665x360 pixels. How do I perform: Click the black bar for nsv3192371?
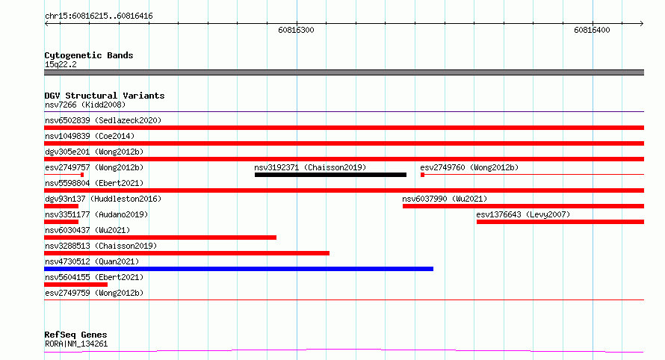tap(330, 175)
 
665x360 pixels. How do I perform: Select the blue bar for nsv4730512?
tap(239, 269)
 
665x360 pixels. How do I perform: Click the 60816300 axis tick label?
tap(296, 30)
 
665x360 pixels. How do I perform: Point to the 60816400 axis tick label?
tap(592, 30)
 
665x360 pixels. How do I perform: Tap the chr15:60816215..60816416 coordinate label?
tap(99, 16)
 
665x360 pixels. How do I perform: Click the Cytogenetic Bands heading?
tap(89, 55)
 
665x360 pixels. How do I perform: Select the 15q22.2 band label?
tap(61, 64)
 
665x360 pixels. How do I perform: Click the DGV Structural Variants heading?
tap(105, 96)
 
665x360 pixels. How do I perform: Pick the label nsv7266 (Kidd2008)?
tap(85, 105)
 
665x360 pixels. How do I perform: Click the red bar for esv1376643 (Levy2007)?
tap(560, 222)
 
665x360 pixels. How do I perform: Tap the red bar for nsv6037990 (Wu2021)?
tap(523, 206)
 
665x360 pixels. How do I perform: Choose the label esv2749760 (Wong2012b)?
tap(469, 167)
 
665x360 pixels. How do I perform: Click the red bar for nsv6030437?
tap(161, 238)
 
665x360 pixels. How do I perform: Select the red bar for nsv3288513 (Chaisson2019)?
tap(187, 253)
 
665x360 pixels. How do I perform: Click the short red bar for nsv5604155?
tap(76, 285)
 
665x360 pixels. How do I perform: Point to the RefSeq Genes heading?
tap(75, 335)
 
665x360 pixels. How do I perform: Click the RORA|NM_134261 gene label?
tap(76, 344)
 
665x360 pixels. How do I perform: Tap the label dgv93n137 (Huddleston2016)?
tap(103, 199)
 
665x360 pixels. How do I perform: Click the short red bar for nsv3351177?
tap(61, 222)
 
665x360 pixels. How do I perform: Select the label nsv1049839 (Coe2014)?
tap(90, 136)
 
